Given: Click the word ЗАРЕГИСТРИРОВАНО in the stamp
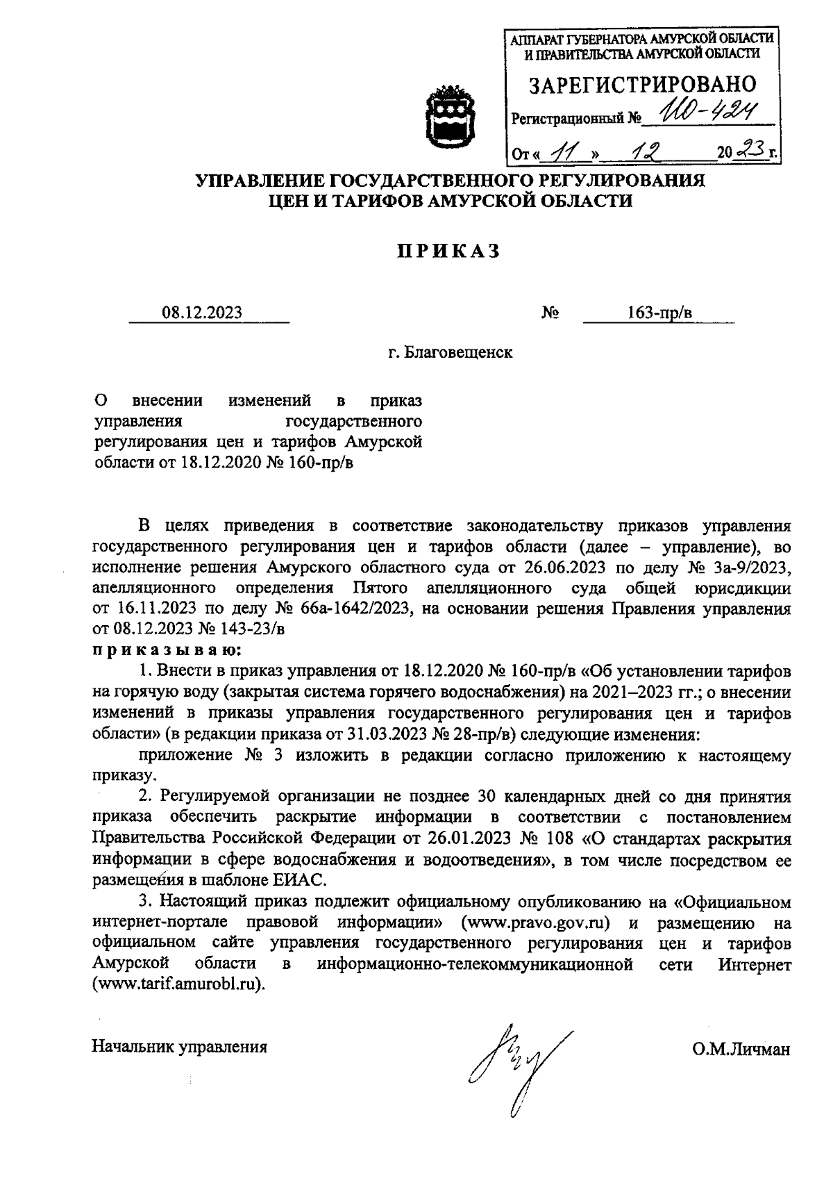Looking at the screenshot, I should tap(642, 85).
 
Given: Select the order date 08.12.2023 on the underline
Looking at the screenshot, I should tap(203, 313).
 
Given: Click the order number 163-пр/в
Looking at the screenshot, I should tap(659, 313).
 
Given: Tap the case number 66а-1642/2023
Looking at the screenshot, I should tap(347, 610).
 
